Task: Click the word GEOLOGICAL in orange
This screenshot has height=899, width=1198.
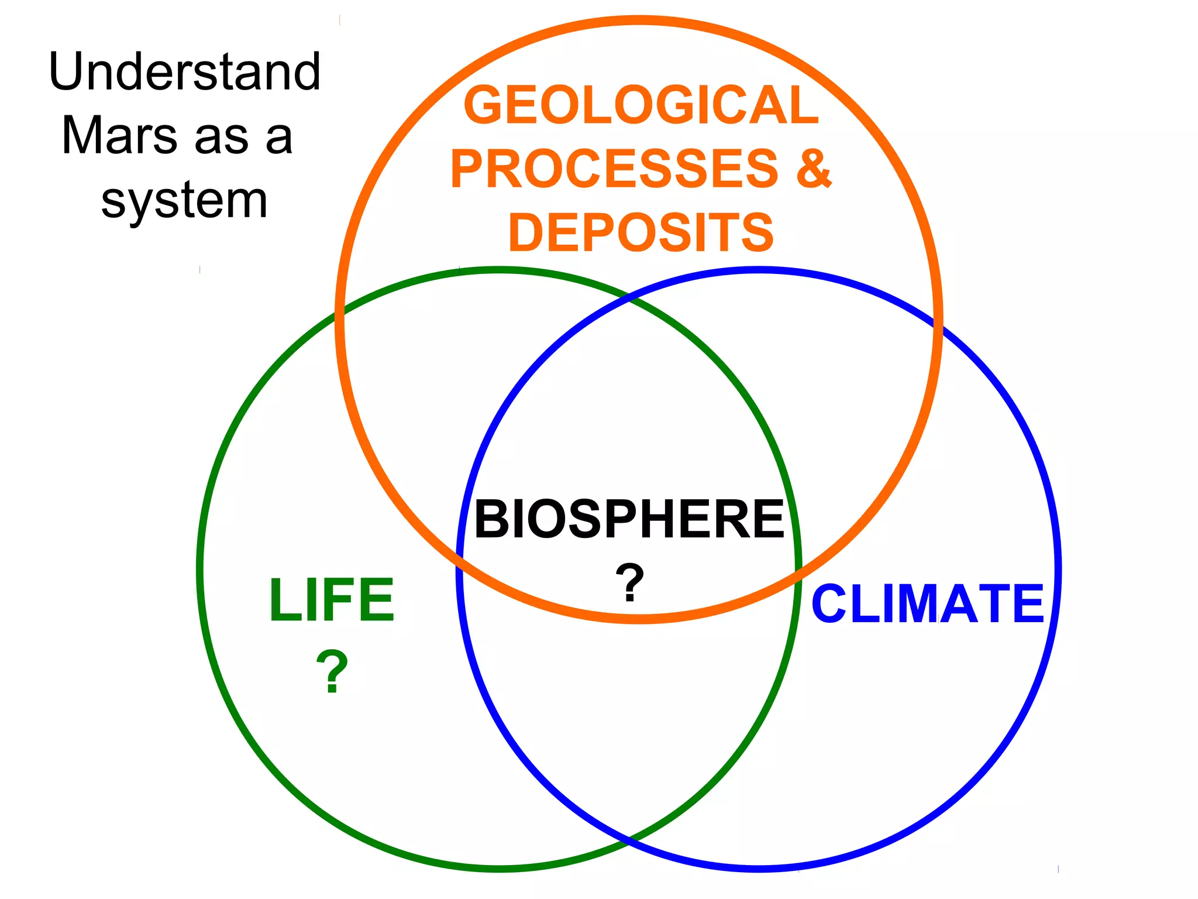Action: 641,105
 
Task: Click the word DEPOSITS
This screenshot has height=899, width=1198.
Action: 641,233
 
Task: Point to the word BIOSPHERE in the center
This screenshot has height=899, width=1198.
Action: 629,519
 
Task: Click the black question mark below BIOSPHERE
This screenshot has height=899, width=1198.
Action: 629,583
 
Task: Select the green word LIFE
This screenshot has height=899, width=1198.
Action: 332,600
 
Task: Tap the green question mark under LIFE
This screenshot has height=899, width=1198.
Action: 332,672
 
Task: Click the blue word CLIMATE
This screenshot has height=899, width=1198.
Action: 928,604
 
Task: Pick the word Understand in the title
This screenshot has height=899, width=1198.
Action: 185,72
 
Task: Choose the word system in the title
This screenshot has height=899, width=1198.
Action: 185,201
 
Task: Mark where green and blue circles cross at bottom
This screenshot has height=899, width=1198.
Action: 629,841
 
